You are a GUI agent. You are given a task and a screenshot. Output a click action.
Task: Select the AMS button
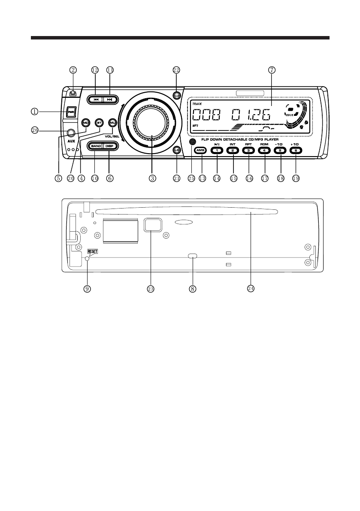tap(200, 150)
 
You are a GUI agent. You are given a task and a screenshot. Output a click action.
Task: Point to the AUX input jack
tap(70, 133)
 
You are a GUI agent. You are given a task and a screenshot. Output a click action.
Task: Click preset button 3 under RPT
tap(248, 150)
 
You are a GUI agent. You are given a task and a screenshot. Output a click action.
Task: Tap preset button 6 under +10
tap(295, 150)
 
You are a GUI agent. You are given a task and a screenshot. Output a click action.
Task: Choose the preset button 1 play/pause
tap(217, 150)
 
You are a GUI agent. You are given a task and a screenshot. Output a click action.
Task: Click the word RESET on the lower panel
tap(92, 251)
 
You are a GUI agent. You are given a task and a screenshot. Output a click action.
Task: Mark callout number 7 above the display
tap(272, 70)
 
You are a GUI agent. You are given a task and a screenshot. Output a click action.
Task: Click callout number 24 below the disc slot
tap(251, 289)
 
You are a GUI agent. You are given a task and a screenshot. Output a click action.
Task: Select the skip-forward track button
tap(109, 99)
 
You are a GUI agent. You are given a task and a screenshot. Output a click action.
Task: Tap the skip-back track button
tap(96, 99)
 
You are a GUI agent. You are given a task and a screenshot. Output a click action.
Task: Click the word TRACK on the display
tap(197, 104)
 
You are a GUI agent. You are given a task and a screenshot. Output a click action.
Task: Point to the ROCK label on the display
tap(290, 115)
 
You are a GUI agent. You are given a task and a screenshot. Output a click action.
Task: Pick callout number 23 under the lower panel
tap(151, 289)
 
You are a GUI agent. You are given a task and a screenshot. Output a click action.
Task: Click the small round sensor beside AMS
tap(191, 141)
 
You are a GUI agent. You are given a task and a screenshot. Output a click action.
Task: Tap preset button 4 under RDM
tap(264, 150)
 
